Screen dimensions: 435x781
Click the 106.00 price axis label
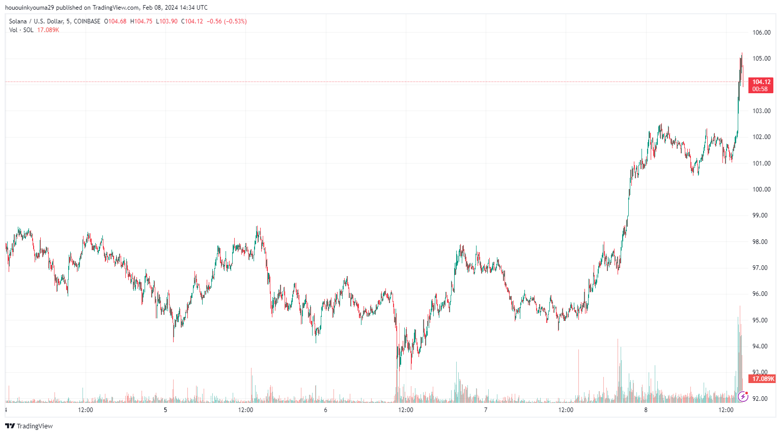(761, 33)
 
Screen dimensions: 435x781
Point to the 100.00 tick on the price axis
(761, 189)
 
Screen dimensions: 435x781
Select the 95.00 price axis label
(761, 320)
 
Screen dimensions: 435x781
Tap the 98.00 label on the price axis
(761, 242)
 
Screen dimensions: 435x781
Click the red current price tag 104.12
(761, 82)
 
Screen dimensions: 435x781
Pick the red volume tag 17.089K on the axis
(763, 379)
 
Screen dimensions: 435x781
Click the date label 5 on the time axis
(165, 410)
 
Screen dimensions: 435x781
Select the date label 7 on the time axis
(486, 410)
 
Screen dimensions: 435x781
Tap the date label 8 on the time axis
(646, 410)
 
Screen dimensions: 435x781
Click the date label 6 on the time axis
(326, 410)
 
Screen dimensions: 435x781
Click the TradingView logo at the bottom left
(29, 426)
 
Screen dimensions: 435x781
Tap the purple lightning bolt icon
(743, 396)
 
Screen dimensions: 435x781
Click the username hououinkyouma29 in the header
(29, 8)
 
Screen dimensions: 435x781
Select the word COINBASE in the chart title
(87, 21)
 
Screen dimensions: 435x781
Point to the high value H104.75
(141, 21)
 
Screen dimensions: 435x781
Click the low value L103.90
(166, 21)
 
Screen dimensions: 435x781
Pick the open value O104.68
(115, 21)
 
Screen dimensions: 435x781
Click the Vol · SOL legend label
(21, 30)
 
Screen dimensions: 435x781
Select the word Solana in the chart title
(18, 21)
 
